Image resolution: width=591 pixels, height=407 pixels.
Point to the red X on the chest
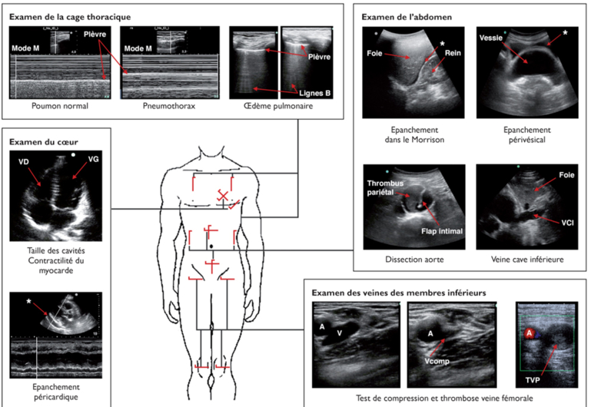(x=224, y=194)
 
